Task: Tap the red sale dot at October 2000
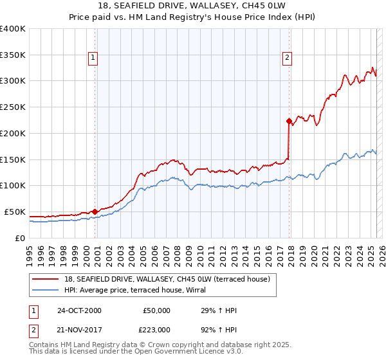[95, 211]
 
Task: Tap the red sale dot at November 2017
[289, 120]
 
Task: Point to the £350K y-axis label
[13, 55]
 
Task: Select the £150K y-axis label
[13, 159]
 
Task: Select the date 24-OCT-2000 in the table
[79, 310]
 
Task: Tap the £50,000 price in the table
[157, 310]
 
